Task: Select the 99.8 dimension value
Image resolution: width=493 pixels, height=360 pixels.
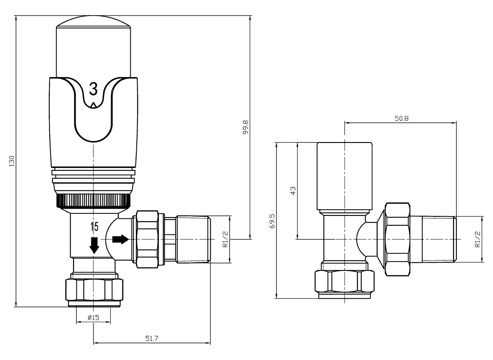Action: click(246, 128)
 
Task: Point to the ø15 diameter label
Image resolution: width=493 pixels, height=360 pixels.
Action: click(94, 317)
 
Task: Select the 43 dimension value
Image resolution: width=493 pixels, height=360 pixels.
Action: click(293, 190)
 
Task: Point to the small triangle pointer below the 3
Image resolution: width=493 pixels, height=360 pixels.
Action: click(94, 105)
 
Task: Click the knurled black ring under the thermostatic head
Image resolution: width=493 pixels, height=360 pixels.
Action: click(93, 200)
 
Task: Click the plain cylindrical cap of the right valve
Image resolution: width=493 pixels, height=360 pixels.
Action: click(345, 177)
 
